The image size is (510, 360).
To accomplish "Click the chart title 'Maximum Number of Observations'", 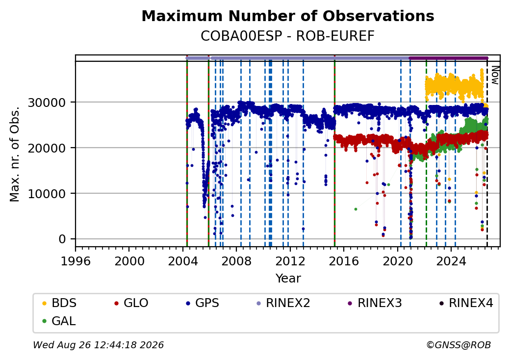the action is pyautogui.click(x=288, y=16).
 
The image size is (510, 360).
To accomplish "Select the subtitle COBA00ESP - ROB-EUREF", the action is pyautogui.click(x=287, y=36).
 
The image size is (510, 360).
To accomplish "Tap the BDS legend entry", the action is pyautogui.click(x=59, y=303).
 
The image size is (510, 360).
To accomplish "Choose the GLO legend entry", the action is pyautogui.click(x=131, y=303).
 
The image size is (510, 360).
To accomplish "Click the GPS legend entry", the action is pyautogui.click(x=203, y=303).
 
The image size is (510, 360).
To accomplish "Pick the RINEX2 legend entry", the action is pyautogui.click(x=283, y=303).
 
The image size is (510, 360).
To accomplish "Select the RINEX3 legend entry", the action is pyautogui.click(x=375, y=303).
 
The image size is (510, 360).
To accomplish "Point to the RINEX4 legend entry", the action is pyautogui.click(x=466, y=303).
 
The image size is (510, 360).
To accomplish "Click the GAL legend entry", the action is pyautogui.click(x=59, y=321).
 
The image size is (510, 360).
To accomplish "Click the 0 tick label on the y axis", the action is pyautogui.click(x=62, y=239).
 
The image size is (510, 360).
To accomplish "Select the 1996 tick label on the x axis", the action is pyautogui.click(x=76, y=261).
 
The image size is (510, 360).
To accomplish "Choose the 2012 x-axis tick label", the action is pyautogui.click(x=290, y=261).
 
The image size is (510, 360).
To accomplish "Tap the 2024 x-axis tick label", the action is pyautogui.click(x=451, y=261).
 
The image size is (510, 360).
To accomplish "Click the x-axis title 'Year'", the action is pyautogui.click(x=288, y=279).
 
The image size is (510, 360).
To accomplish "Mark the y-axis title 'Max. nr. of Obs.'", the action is pyautogui.click(x=15, y=154).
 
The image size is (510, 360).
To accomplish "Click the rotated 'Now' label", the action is pyautogui.click(x=495, y=75).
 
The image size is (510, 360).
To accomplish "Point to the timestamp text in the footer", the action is pyautogui.click(x=99, y=345).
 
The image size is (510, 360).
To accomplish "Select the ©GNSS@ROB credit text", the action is pyautogui.click(x=459, y=345).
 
